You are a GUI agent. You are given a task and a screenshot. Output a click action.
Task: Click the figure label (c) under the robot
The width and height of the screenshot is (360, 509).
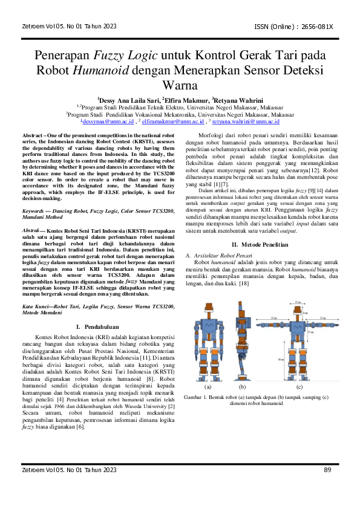click(x=299, y=386)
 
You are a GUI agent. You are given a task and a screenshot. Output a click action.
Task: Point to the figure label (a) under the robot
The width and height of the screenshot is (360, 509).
click(x=208, y=386)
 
